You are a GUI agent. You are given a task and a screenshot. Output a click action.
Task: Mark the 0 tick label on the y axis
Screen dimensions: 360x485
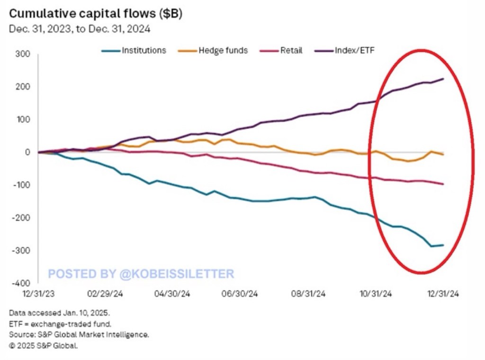[27, 152]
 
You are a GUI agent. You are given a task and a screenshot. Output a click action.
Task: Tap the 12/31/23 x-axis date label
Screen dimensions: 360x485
[38, 294]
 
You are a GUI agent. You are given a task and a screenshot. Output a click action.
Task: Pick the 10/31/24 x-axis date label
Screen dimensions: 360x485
[376, 294]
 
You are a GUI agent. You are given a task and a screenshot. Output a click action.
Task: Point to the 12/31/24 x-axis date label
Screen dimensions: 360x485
[443, 294]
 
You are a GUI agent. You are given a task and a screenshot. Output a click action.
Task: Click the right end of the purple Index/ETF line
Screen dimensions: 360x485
[443, 79]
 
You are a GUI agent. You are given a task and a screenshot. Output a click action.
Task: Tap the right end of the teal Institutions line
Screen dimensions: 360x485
[443, 245]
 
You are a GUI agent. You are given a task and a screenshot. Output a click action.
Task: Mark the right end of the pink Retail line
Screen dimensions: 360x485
[443, 184]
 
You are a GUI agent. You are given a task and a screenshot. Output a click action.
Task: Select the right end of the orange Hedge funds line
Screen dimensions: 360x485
[443, 154]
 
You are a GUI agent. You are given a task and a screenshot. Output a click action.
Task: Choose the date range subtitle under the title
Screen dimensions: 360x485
[80, 28]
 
